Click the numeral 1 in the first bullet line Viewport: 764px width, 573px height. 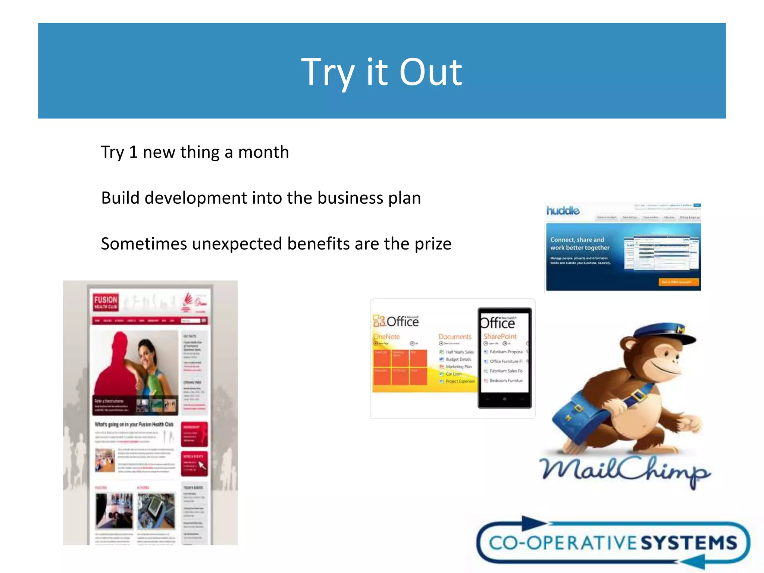(133, 152)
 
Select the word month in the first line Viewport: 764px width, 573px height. (263, 152)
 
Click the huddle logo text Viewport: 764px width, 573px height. (563, 211)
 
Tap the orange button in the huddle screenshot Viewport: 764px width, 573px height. (678, 282)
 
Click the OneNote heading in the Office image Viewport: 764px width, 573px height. (387, 336)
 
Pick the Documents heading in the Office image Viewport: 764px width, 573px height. (455, 336)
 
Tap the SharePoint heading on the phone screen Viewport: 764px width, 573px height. (500, 336)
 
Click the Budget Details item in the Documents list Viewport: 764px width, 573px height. (458, 359)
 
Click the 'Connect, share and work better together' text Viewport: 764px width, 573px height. (579, 244)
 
